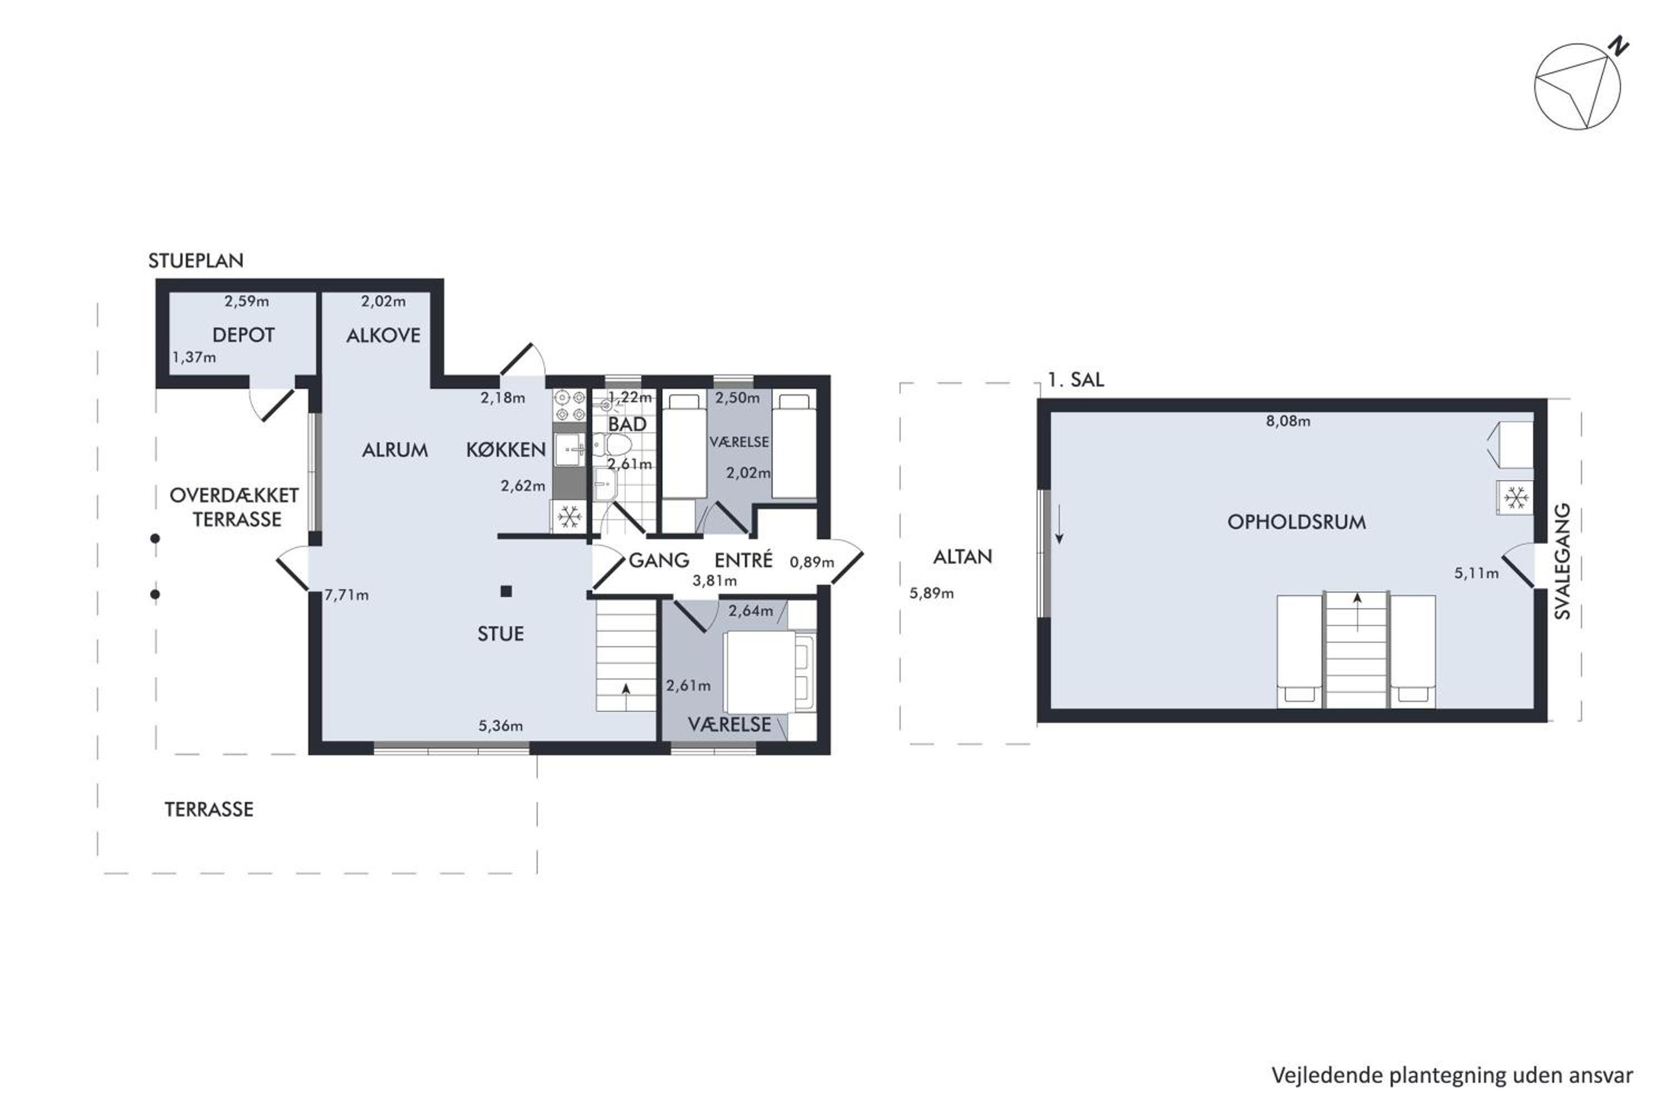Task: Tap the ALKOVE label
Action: pyautogui.click(x=384, y=335)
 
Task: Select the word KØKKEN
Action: pyautogui.click(x=505, y=449)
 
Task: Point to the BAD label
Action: pyautogui.click(x=627, y=424)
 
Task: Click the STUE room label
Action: pyautogui.click(x=500, y=634)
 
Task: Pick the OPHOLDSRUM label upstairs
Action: pyautogui.click(x=1296, y=522)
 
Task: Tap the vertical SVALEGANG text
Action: pyautogui.click(x=1562, y=561)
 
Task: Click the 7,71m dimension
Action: pyautogui.click(x=346, y=595)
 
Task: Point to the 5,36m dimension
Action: pyautogui.click(x=500, y=726)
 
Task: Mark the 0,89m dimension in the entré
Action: pyautogui.click(x=812, y=563)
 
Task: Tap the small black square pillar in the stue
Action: pyautogui.click(x=506, y=591)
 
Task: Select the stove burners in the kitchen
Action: pyautogui.click(x=569, y=405)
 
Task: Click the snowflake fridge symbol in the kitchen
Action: pyautogui.click(x=569, y=516)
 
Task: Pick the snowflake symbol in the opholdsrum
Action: pyautogui.click(x=1515, y=498)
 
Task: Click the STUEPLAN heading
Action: pyautogui.click(x=196, y=261)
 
